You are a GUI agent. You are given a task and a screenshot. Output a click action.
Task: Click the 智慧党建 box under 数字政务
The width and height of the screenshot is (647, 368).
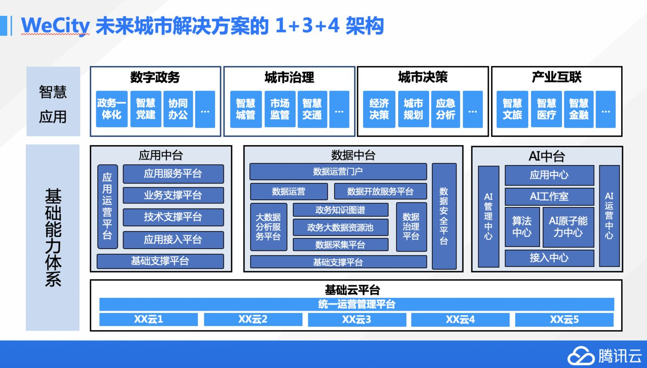[146, 109]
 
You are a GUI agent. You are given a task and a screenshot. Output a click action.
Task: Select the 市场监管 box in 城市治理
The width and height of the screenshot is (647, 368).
[280, 109]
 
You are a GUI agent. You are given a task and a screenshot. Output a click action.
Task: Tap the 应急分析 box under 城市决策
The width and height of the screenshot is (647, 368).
[445, 109]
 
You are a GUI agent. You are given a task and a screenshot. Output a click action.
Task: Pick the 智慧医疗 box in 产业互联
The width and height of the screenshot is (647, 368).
[547, 109]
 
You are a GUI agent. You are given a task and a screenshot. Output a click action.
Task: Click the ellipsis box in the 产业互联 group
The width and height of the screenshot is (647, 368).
[606, 109]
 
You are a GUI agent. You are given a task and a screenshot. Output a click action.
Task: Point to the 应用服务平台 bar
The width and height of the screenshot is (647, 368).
[173, 174]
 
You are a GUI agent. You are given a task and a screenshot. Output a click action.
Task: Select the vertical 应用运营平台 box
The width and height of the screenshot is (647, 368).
[107, 207]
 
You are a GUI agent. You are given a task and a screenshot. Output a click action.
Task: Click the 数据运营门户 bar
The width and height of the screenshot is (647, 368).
[338, 172]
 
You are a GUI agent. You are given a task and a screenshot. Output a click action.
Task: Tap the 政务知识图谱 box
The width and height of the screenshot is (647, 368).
[340, 210]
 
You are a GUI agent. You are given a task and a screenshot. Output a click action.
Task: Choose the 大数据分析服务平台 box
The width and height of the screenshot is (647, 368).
[269, 227]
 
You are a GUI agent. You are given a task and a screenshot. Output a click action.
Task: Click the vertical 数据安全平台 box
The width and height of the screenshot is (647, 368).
[444, 216]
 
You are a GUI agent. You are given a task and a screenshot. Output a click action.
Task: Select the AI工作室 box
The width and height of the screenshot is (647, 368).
[549, 196]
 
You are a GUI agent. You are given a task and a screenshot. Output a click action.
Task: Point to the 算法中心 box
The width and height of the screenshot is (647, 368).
[522, 227]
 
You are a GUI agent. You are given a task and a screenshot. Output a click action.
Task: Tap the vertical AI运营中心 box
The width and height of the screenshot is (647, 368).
[610, 216]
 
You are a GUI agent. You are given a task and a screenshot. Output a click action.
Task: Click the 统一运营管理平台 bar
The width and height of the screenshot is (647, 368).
[357, 304]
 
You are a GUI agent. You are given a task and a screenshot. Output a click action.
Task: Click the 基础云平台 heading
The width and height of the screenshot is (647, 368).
[352, 290]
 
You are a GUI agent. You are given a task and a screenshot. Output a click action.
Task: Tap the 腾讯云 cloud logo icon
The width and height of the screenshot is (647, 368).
[581, 356]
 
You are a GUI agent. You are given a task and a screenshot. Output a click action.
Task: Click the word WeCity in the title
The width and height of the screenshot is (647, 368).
[55, 26]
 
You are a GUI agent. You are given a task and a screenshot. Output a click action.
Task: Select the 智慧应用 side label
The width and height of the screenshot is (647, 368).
[53, 104]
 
